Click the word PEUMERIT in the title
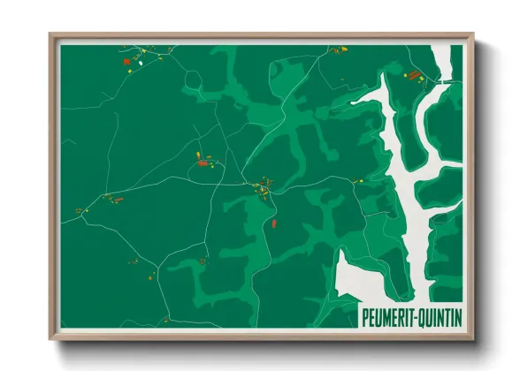pyautogui.click(x=391, y=316)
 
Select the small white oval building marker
pyautogui.click(x=140, y=63)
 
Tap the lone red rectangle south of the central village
pyautogui.click(x=274, y=223)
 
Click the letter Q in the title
pyautogui.click(x=426, y=316)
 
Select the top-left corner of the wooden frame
pyautogui.click(x=50, y=34)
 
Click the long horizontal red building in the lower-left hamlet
pyautogui.click(x=118, y=201)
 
